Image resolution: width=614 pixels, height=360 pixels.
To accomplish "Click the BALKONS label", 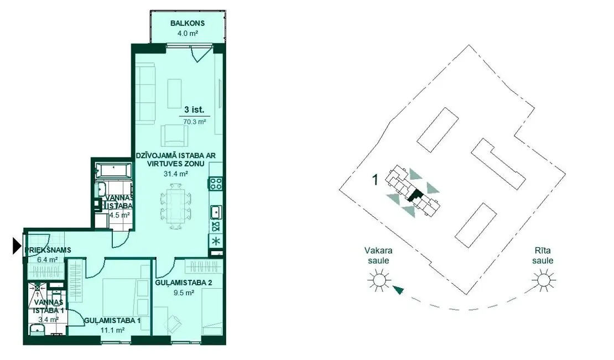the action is point(187,23).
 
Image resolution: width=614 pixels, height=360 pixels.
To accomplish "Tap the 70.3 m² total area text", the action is point(195,122).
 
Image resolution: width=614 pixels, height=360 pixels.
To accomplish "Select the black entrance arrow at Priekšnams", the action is point(17,246).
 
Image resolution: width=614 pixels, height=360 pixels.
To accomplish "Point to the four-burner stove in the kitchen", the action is point(216,184).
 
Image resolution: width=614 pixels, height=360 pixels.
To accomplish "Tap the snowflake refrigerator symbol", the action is point(216,241).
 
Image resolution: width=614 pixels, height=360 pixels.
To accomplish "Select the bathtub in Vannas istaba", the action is point(113,170).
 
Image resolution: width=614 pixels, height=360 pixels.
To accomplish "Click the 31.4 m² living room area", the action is point(175,174).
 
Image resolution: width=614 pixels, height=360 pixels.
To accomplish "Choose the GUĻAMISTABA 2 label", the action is point(183,283).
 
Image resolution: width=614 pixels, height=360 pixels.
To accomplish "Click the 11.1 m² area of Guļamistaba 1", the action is point(112,330).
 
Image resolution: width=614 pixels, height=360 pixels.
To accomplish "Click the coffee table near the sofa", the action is point(175,93).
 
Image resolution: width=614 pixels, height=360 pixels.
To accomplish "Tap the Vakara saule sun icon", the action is point(379,280).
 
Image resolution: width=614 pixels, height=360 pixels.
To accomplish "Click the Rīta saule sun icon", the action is point(543,280).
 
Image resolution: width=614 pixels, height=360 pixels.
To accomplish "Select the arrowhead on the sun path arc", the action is point(398,290).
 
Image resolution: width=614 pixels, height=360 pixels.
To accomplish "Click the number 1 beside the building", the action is point(375,180).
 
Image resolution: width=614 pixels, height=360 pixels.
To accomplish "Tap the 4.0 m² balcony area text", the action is point(188,34).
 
